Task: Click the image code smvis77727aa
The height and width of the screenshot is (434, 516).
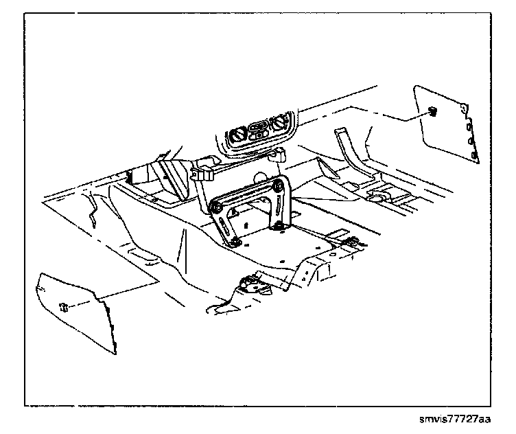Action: (456, 418)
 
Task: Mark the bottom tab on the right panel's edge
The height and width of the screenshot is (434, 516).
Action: (475, 159)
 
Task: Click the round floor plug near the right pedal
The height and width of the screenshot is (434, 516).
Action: (378, 197)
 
